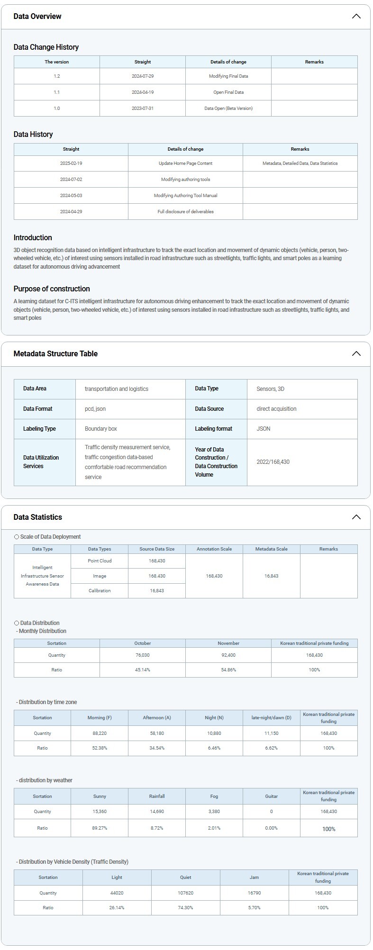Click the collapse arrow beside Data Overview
[356, 17]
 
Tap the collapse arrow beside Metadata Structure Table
[356, 354]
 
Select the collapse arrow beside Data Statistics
[356, 517]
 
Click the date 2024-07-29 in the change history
[142, 76]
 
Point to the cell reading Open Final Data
[228, 92]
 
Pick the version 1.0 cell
[56, 109]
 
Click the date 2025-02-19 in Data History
[71, 163]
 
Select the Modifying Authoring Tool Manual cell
[185, 196]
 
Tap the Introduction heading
[33, 238]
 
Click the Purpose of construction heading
[52, 289]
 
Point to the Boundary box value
[101, 429]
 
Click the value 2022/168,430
[273, 462]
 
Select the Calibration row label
[100, 591]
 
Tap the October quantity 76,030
[142, 655]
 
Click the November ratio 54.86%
[228, 670]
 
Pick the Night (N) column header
[214, 718]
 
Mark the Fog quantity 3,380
[214, 812]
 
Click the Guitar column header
[271, 796]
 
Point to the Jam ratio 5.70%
[254, 908]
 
